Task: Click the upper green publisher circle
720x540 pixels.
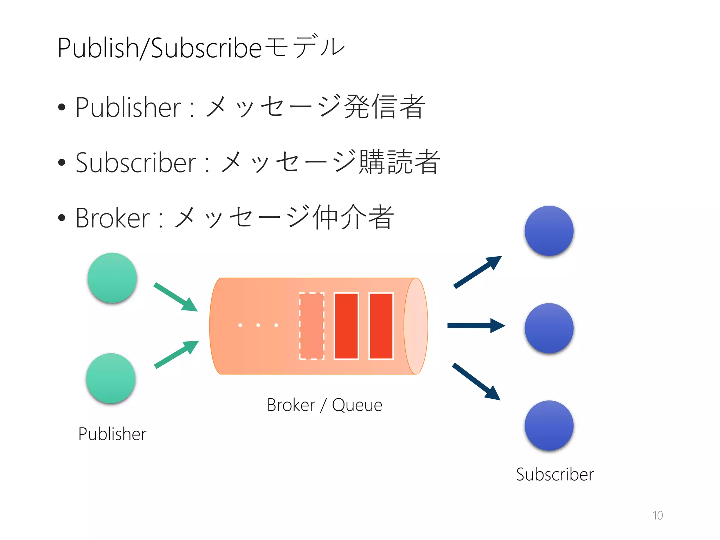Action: pos(112,278)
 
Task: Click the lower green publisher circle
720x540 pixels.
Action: pos(111,378)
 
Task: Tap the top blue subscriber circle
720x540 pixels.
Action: pos(549,231)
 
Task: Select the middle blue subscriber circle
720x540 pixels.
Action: pos(549,328)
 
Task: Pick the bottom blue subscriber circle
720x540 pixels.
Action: pos(549,425)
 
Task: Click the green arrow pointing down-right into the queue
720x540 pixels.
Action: pos(176,297)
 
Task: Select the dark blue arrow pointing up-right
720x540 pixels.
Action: pos(477,272)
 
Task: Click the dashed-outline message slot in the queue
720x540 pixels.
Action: pos(311,326)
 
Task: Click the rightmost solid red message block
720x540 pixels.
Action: pos(381,326)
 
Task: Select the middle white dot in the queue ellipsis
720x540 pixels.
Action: pos(258,325)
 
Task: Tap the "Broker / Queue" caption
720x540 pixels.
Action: pos(324,405)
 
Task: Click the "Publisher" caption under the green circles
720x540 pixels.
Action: pos(112,434)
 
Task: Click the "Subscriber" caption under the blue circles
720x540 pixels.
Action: pos(555,475)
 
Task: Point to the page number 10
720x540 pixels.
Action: pos(657,515)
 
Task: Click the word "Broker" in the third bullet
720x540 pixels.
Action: pos(112,218)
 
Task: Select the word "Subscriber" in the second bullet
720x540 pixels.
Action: pos(135,163)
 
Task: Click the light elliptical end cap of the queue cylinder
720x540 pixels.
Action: pos(416,326)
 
